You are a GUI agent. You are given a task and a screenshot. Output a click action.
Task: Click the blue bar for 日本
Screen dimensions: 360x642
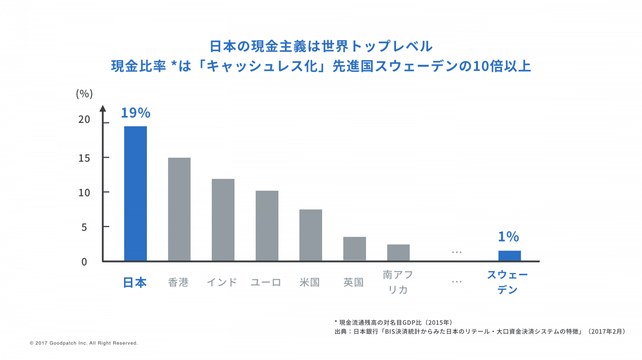pos(135,193)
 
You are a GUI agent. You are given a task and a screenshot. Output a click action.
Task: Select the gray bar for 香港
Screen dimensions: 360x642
pos(179,209)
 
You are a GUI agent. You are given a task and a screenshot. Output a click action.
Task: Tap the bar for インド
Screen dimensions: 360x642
pos(223,220)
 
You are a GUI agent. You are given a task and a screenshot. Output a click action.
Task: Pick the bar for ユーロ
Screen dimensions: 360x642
pos(267,226)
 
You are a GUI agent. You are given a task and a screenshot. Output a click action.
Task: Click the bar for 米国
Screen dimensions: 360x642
pos(311,235)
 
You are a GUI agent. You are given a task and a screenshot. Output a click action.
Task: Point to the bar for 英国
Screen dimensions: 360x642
pos(354,248)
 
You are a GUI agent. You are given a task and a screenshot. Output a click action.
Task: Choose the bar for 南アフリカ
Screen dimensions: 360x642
pos(398,252)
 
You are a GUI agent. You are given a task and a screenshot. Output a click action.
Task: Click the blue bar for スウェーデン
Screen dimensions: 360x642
pos(510,256)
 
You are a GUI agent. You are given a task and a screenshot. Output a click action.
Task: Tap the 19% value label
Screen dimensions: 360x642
pos(136,113)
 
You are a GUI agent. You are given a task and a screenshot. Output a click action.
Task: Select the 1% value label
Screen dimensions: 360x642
pos(508,237)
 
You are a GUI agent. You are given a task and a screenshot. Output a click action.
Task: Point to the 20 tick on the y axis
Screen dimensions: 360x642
pos(84,120)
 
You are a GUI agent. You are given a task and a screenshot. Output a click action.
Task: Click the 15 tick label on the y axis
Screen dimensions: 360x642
pos(84,158)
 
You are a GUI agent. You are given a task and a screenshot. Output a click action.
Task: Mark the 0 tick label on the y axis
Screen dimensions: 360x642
pos(84,262)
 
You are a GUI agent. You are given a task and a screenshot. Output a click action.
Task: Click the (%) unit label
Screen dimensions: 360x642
pos(84,94)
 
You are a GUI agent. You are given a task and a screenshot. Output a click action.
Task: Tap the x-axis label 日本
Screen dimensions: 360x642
pos(135,283)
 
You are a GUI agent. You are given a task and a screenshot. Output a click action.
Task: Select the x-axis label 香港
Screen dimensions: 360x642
pos(178,283)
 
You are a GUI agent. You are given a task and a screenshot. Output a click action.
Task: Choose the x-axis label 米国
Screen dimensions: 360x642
pos(309,283)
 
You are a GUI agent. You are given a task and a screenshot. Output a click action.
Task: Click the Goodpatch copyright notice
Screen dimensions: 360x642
pos(84,343)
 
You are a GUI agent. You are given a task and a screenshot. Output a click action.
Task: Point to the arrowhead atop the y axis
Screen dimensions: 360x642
pos(103,108)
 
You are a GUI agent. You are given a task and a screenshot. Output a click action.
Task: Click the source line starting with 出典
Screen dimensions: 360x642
pos(479,332)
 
